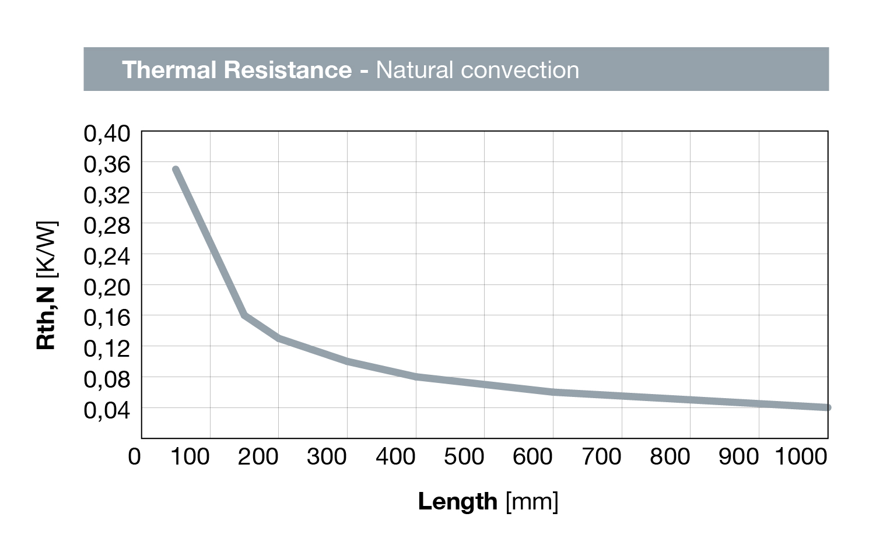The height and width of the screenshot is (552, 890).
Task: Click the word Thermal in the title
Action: point(169,70)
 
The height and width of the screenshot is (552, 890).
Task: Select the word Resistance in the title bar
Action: point(288,70)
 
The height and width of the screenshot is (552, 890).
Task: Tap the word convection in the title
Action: point(519,70)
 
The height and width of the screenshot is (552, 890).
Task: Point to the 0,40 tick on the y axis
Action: point(107,133)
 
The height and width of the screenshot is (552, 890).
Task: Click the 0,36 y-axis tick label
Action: point(107,164)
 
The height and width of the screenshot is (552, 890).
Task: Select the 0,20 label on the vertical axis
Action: point(107,287)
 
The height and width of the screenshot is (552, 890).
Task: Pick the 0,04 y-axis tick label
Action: point(107,410)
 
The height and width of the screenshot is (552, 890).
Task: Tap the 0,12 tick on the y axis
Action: point(107,349)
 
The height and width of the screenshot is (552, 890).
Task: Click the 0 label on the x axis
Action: point(135,456)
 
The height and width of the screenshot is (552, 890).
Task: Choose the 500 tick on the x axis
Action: point(464,456)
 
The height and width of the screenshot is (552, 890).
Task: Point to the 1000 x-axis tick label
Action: point(801,456)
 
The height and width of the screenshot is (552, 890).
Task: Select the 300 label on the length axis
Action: point(327,456)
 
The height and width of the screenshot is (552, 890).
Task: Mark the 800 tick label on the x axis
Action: point(670,456)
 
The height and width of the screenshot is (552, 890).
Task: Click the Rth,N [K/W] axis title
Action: point(47,286)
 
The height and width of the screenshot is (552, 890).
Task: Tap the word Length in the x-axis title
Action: point(457,501)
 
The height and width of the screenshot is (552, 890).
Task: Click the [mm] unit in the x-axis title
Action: point(532,501)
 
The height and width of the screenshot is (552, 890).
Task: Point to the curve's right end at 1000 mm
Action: point(826,407)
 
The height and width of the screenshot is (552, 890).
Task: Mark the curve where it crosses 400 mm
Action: point(416,377)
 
